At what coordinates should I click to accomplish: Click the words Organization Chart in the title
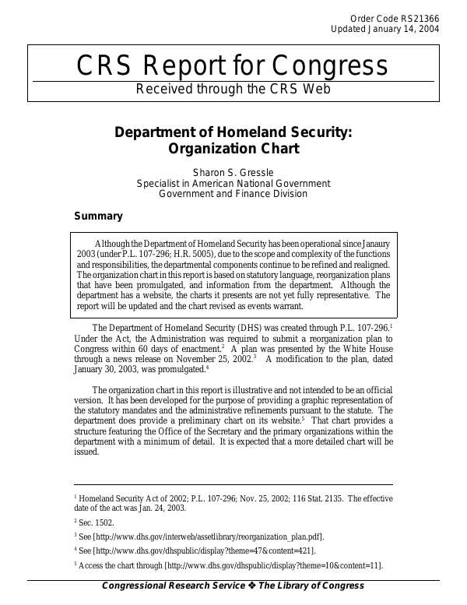click(233, 148)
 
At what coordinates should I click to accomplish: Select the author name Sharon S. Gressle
click(233, 172)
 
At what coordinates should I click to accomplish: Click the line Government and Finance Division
click(233, 194)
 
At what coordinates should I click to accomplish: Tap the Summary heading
click(98, 216)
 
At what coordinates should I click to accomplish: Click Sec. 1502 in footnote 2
click(97, 521)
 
